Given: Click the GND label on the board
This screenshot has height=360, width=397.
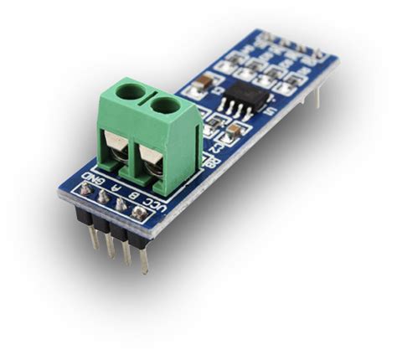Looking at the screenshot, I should click(x=94, y=179).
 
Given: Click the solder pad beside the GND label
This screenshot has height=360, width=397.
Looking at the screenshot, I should click(x=86, y=191).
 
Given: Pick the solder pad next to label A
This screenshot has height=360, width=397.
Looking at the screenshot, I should click(x=103, y=198).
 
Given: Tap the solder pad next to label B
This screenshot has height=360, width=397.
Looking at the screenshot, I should click(x=121, y=206).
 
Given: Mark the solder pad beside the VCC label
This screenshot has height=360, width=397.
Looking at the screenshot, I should click(x=139, y=214).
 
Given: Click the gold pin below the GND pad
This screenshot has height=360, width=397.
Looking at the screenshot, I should click(x=92, y=234).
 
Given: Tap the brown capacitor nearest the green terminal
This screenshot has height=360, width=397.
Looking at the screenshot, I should click(x=236, y=131).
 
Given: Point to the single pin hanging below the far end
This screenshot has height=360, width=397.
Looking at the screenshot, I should click(x=317, y=96).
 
